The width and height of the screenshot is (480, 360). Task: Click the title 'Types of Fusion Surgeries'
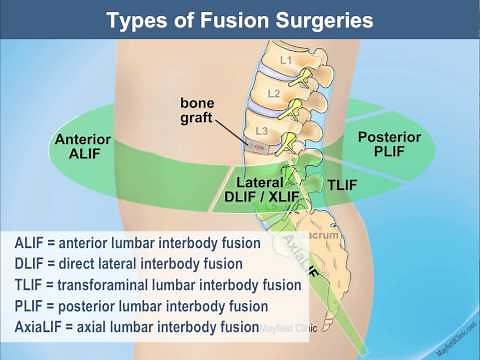(240, 20)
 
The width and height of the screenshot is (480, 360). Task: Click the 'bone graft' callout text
(198, 109)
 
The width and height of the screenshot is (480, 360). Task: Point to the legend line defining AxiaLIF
(136, 327)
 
